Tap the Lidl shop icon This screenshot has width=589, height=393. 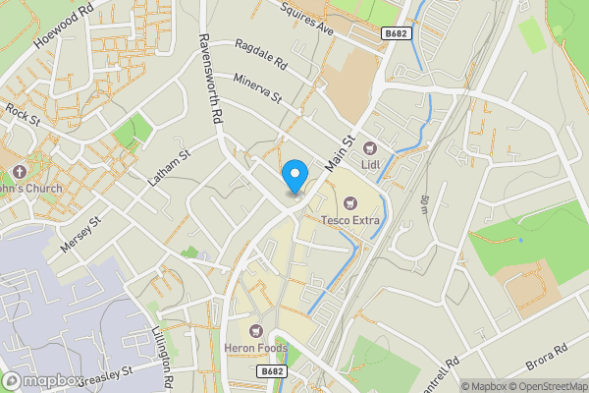372,148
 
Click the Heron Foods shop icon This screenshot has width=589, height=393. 257,330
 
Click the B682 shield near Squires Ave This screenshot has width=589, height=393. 395,33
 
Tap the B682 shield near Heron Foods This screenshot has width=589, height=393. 272,371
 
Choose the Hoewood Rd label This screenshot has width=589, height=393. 63,28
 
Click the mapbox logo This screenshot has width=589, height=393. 41,380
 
